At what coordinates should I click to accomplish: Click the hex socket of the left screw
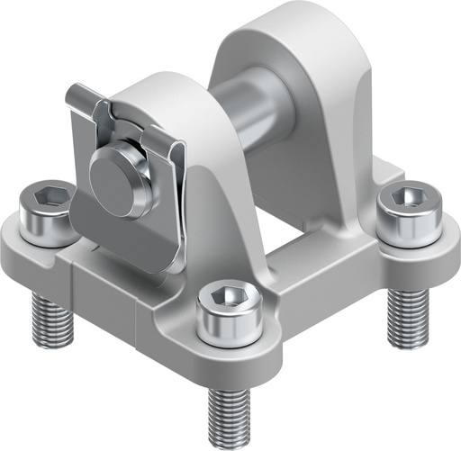[50, 195]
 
